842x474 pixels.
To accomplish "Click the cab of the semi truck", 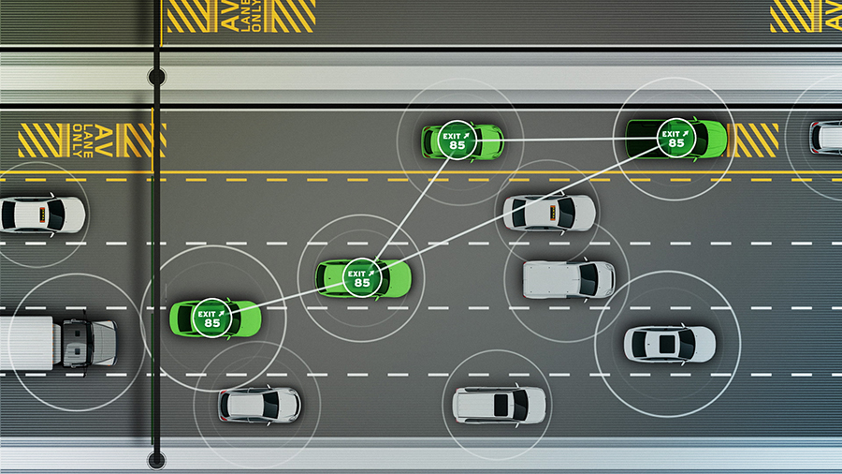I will pos(91,341).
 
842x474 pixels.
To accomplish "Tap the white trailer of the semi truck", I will pos(28,341).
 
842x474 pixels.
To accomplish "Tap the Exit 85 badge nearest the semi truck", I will pos(211,318).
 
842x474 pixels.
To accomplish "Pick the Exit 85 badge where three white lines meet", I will pos(360,277).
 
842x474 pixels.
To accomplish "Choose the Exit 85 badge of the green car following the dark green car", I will pos(457,141).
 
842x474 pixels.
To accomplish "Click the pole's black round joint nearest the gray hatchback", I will pos(156,459).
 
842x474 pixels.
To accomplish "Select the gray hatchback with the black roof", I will pos(259,405).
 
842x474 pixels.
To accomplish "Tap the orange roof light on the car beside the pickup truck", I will pos(565,213).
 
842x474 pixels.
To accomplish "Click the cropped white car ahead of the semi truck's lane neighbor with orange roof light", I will pos(41,215).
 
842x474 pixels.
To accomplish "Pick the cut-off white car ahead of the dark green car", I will pos(826,137).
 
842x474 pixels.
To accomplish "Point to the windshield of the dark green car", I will pos(703,138).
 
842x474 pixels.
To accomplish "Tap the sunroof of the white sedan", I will pos(666,344).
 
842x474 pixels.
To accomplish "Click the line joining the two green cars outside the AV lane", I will pos(285,298).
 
